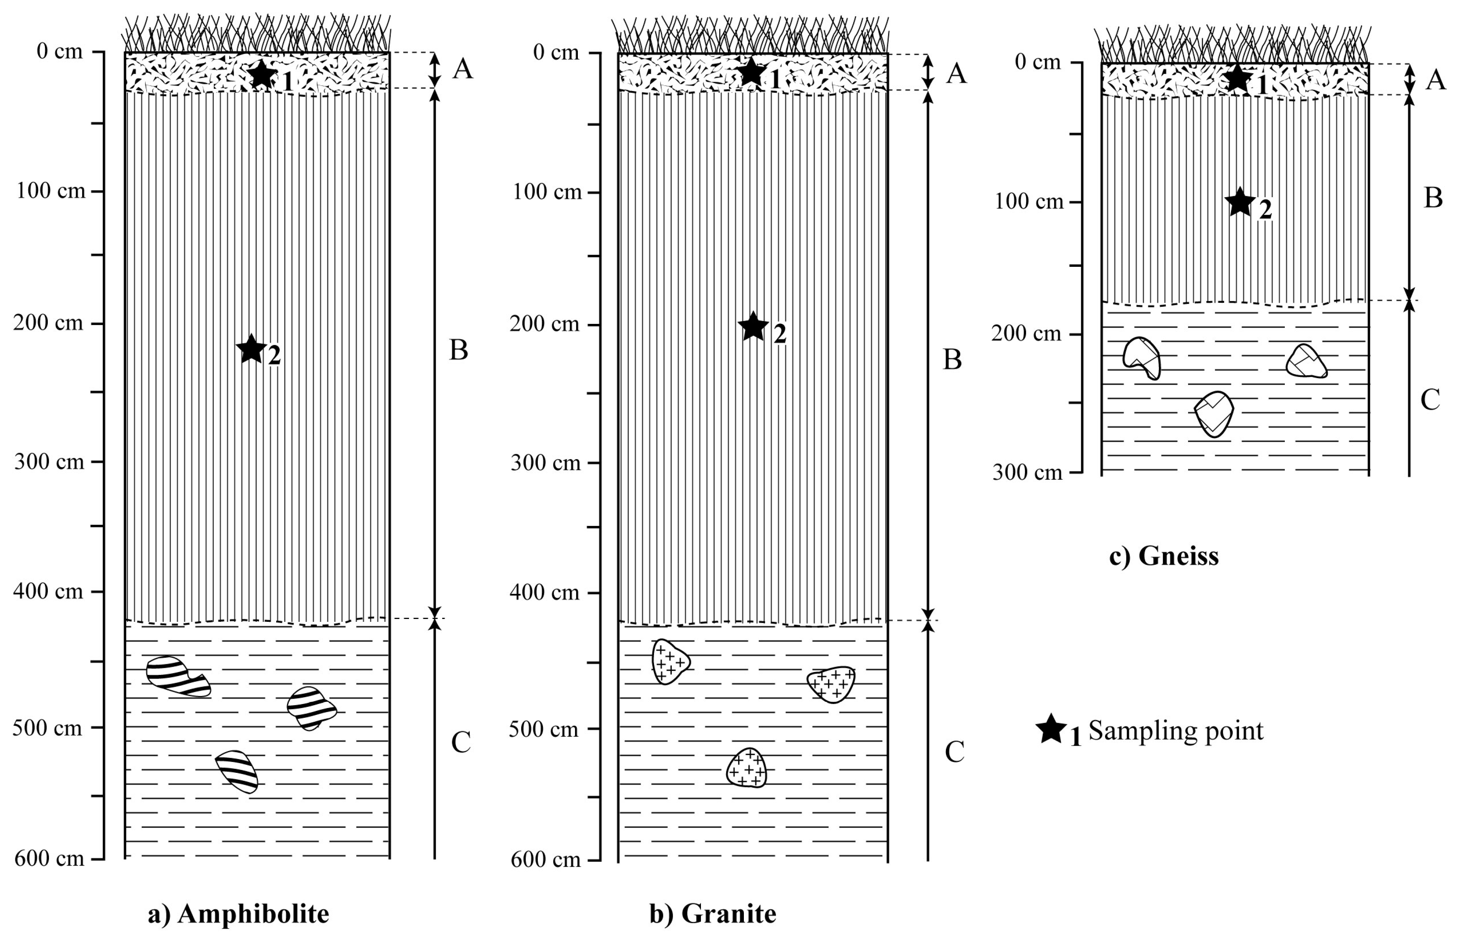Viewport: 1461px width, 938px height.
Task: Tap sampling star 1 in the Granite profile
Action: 752,72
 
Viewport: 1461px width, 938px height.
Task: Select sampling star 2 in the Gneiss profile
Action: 1239,203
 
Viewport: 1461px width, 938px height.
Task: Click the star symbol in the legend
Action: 1051,729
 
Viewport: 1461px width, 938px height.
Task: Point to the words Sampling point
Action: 1176,730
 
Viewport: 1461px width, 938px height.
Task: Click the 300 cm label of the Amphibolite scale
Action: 49,462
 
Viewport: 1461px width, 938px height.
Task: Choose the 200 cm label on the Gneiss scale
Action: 1026,333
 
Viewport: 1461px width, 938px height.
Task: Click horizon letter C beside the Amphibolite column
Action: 460,742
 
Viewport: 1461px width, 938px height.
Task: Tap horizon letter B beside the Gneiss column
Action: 1433,198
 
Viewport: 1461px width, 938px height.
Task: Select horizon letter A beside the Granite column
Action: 956,74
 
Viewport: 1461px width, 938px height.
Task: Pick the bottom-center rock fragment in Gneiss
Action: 1214,414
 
